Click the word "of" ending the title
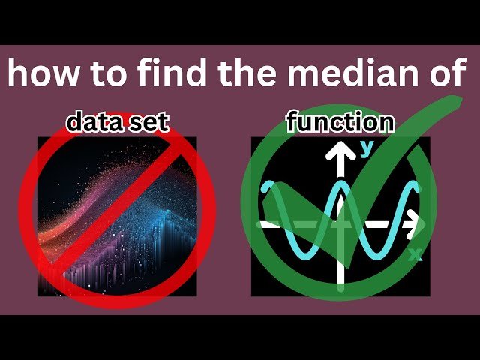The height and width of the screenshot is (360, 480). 445,74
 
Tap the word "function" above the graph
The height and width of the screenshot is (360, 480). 340,122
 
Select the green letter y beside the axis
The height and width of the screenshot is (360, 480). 367,148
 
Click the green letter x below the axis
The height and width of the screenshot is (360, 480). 414,256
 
